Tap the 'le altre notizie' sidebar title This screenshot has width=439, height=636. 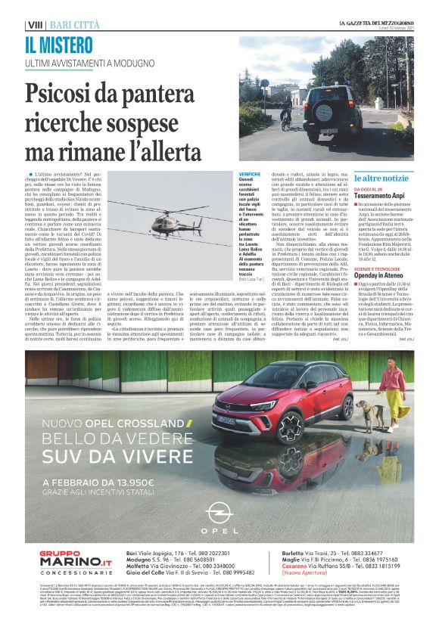pyautogui.click(x=381, y=178)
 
